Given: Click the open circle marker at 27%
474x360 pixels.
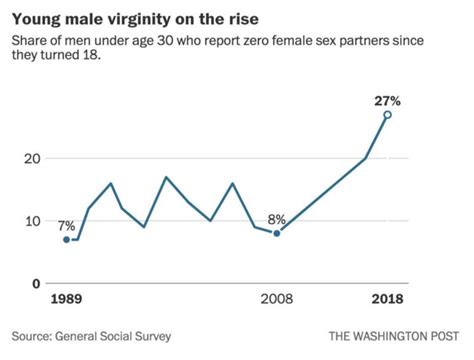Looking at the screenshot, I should pyautogui.click(x=387, y=115).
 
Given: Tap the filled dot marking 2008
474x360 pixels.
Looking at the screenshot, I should pyautogui.click(x=276, y=232).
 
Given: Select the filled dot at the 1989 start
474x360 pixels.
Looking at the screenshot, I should pyautogui.click(x=67, y=239).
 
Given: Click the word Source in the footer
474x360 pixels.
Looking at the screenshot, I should pyautogui.click(x=37, y=335).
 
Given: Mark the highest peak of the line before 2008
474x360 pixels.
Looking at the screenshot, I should pyautogui.click(x=166, y=177).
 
